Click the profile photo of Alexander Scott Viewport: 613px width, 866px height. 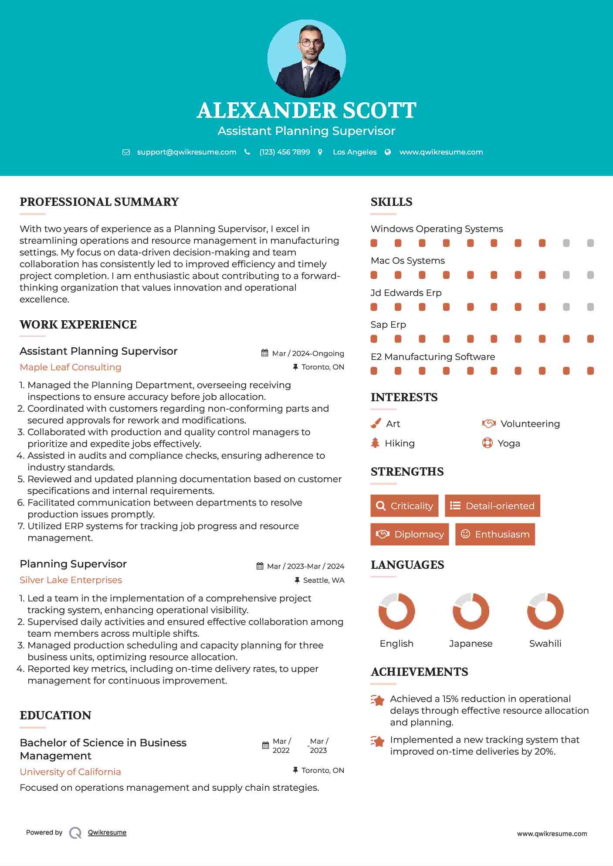[306, 59]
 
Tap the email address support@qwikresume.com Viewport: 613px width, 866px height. [186, 152]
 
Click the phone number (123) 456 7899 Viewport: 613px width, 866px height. [284, 152]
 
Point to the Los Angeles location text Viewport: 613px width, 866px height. [355, 152]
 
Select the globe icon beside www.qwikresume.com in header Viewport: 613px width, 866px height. [388, 152]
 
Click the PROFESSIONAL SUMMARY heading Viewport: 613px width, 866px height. [99, 202]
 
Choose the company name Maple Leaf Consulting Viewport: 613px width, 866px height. [71, 367]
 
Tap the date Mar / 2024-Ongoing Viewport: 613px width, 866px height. [308, 353]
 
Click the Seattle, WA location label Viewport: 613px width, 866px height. [323, 580]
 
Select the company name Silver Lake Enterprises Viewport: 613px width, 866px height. [71, 580]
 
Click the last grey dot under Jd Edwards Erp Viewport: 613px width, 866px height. [590, 307]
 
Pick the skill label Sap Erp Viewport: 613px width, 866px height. [388, 325]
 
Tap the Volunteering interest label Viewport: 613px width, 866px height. [530, 423]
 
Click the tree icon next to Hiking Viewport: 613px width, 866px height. [375, 443]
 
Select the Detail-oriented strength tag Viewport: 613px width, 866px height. [492, 506]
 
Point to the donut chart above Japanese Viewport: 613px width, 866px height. [471, 611]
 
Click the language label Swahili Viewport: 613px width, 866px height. [545, 643]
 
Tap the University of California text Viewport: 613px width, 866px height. [71, 772]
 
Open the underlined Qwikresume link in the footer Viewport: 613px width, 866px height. [107, 832]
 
